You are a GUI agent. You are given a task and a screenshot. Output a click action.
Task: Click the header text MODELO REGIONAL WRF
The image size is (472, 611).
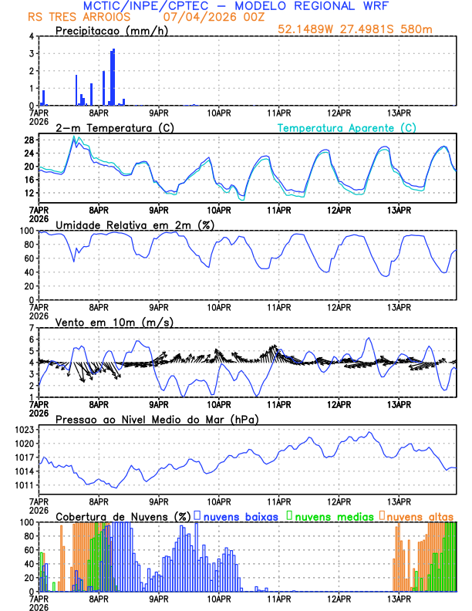pyautogui.click(x=322, y=6)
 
